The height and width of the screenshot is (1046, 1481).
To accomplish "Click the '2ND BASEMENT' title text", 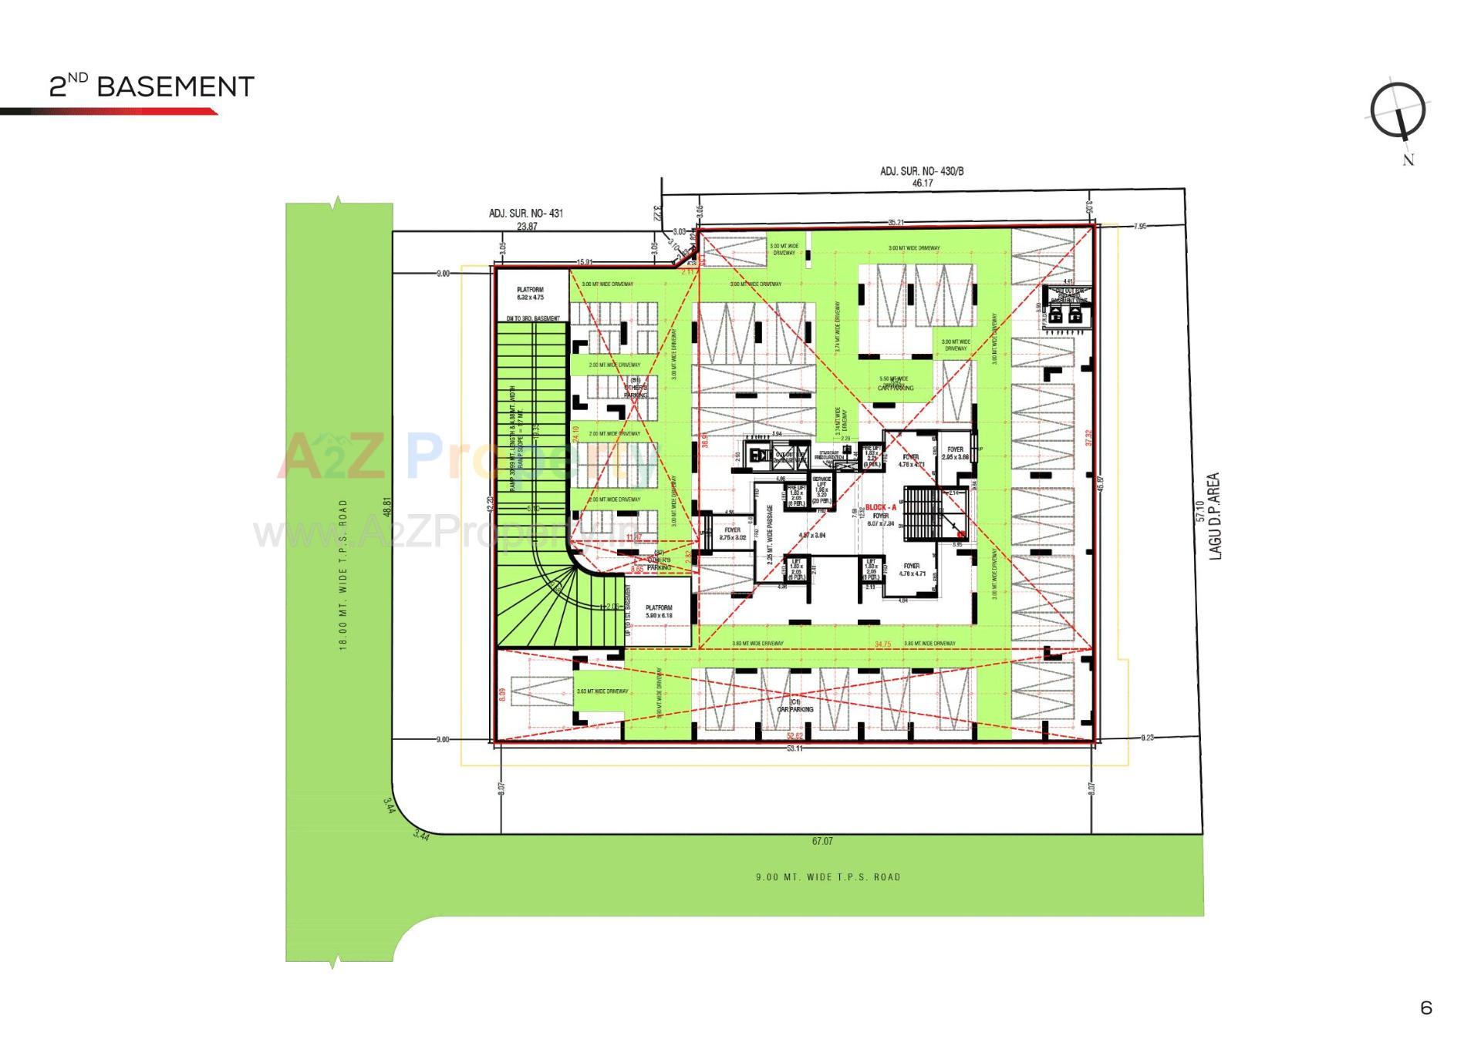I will [151, 86].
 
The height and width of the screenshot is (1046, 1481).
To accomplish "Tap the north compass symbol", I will [1398, 113].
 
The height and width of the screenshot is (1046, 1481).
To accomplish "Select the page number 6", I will [1426, 1007].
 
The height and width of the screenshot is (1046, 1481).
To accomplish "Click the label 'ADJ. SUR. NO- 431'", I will [526, 214].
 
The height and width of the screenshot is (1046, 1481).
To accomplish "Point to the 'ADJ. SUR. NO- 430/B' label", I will [922, 171].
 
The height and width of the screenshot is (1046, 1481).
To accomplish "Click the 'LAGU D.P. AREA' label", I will [1216, 516].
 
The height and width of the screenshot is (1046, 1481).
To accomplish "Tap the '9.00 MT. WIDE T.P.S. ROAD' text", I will [828, 877].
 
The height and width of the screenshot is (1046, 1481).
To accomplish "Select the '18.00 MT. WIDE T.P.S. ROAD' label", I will [344, 574].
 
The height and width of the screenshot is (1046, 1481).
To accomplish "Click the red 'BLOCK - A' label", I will [880, 507].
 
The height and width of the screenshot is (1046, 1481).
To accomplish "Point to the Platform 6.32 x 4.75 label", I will [530, 294].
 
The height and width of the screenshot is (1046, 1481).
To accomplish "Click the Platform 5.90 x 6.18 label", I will [659, 611].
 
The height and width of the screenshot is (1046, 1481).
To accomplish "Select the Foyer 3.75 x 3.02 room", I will [732, 533].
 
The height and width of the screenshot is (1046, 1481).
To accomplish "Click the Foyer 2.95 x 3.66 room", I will [955, 453].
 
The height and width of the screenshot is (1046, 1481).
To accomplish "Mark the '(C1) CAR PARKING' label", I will [795, 705].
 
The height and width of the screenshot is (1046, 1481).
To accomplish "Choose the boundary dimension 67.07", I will [822, 841].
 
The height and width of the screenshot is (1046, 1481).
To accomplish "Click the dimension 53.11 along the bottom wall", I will [794, 748].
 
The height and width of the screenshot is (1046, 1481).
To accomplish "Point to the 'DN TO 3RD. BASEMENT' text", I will [532, 318].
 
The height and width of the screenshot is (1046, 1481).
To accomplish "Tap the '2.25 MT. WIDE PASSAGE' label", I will [769, 534].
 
